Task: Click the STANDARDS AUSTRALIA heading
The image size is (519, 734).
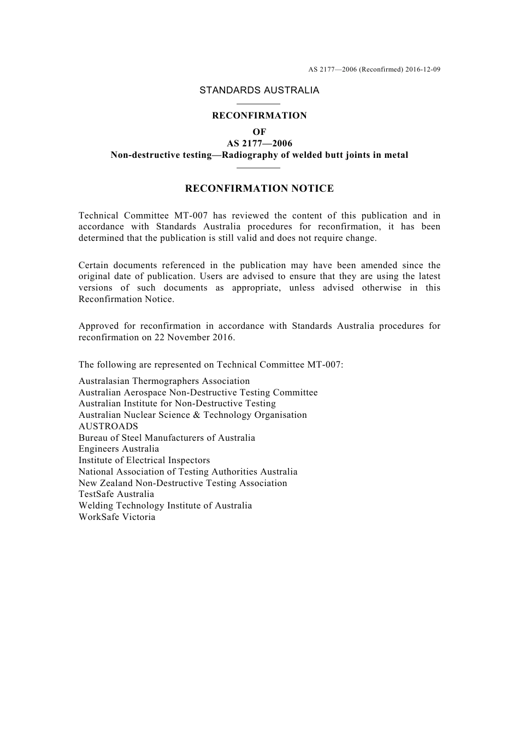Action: tap(259, 91)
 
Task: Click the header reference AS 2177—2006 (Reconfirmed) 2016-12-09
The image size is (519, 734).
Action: tap(374, 69)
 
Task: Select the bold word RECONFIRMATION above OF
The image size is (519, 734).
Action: tap(259, 116)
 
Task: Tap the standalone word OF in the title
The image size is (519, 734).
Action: tap(259, 132)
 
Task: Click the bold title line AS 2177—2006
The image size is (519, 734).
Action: tap(259, 144)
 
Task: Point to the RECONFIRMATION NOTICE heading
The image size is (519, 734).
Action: tap(259, 189)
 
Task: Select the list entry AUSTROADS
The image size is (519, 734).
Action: tap(108, 427)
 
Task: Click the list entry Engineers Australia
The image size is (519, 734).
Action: tap(119, 449)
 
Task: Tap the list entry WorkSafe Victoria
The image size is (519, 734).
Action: tap(117, 517)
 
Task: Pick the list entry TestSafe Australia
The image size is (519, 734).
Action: tap(116, 494)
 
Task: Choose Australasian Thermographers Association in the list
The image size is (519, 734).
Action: tap(164, 381)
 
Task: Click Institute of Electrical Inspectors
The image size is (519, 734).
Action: tap(144, 460)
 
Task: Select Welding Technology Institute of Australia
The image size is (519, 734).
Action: tap(165, 506)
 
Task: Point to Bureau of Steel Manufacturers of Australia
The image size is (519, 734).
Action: tap(167, 438)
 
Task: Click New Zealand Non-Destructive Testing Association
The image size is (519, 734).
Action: tap(182, 483)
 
